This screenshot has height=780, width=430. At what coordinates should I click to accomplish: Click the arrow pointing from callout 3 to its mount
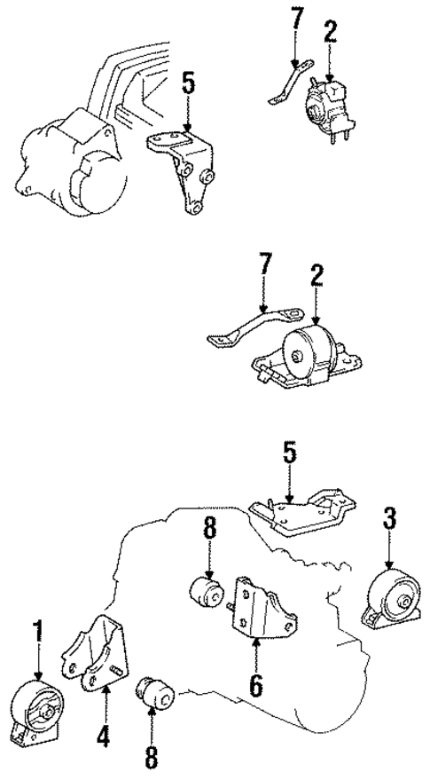pos(388,555)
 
